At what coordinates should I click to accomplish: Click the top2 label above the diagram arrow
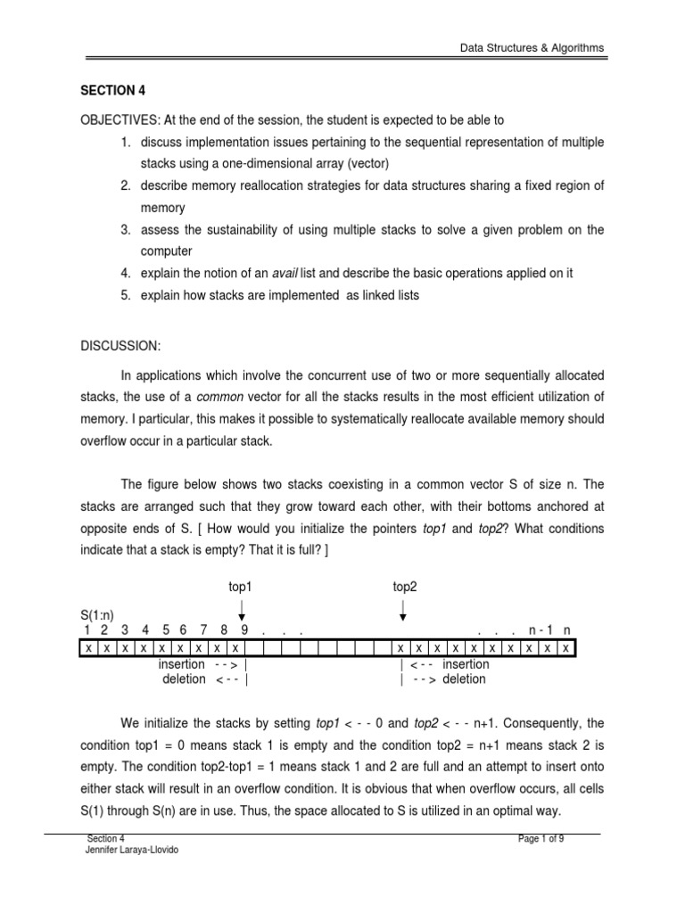(405, 586)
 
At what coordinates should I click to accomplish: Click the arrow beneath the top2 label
(403, 610)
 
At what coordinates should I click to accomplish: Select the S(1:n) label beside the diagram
(98, 615)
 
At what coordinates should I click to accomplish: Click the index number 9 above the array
(243, 630)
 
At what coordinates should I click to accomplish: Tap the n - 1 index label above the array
(540, 630)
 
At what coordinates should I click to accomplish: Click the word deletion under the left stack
(184, 679)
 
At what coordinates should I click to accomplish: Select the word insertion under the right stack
(466, 664)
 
